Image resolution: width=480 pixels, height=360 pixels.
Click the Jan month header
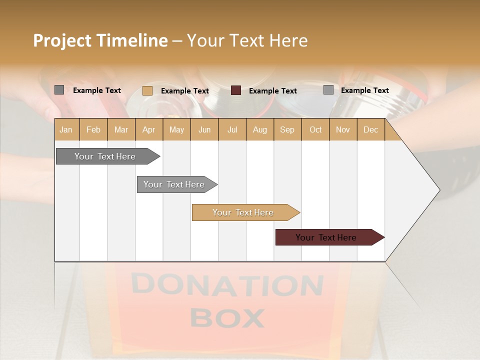coord(66,129)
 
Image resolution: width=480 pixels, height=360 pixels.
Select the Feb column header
coord(93,129)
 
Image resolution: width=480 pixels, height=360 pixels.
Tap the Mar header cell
coord(121,129)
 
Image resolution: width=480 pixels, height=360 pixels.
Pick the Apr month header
coord(149,129)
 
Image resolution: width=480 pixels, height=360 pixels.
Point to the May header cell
coord(176,129)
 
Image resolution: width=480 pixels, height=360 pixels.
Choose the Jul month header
coord(232,129)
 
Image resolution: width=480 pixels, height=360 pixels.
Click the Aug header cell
coord(260,129)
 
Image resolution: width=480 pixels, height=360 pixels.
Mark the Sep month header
coord(287,129)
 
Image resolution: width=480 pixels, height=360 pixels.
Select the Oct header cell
coord(315,129)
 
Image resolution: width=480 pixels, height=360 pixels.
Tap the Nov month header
coord(343,129)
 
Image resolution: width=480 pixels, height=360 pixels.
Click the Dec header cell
coord(371,129)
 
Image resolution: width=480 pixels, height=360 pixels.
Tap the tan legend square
coord(147,90)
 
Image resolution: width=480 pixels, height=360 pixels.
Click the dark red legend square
coord(236,90)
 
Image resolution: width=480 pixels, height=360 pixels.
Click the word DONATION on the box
coord(227,285)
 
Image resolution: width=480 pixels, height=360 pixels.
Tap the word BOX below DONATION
coord(227,318)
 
